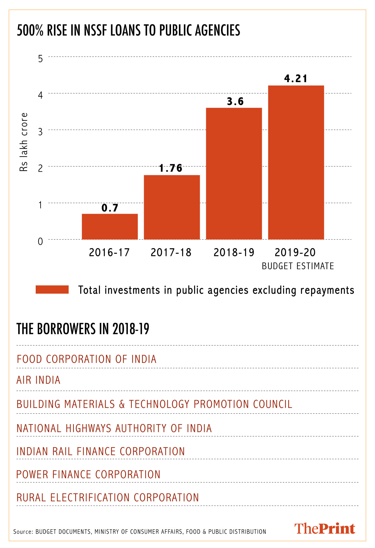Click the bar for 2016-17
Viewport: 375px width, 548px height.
point(110,227)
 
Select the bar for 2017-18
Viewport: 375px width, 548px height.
point(172,207)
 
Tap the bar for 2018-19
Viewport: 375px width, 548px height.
point(234,174)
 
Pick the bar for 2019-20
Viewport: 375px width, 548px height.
point(296,162)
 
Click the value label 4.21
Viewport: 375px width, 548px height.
point(295,79)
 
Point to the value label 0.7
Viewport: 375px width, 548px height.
point(110,208)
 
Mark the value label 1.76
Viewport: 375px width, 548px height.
point(171,168)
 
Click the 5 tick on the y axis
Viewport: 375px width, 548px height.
point(40,59)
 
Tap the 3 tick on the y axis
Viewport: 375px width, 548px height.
point(40,132)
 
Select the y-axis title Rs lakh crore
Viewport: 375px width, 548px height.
point(24,142)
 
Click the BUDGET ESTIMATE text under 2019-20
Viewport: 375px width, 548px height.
point(298,266)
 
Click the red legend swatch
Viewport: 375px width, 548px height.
point(52,290)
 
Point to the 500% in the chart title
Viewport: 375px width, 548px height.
point(30,30)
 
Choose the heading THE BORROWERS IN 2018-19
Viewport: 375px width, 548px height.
point(83,329)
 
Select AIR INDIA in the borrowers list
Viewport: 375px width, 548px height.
point(38,380)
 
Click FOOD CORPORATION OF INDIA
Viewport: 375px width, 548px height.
point(86,359)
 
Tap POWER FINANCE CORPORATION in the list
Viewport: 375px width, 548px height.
point(88,475)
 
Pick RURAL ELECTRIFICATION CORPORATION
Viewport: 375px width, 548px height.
point(108,498)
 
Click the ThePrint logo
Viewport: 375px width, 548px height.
point(324,529)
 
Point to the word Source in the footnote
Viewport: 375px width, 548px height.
point(23,532)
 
